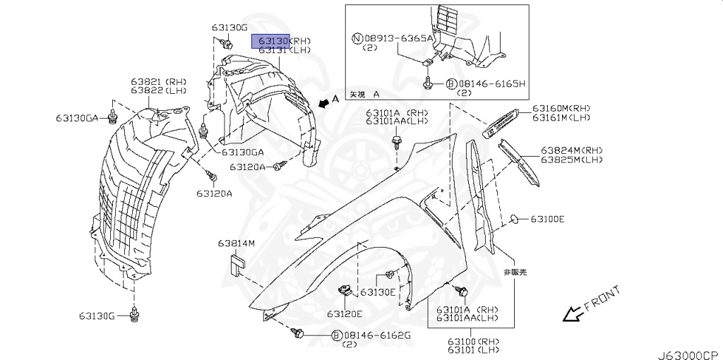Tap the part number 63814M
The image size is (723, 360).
(236, 244)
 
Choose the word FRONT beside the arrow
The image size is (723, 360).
(602, 300)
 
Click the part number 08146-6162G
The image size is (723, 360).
(376, 335)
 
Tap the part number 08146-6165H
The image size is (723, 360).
(492, 83)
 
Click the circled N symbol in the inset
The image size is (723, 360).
(359, 38)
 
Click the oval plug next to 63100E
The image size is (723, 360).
(515, 220)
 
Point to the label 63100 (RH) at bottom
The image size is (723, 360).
(472, 342)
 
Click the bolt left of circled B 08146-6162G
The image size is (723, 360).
(298, 332)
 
